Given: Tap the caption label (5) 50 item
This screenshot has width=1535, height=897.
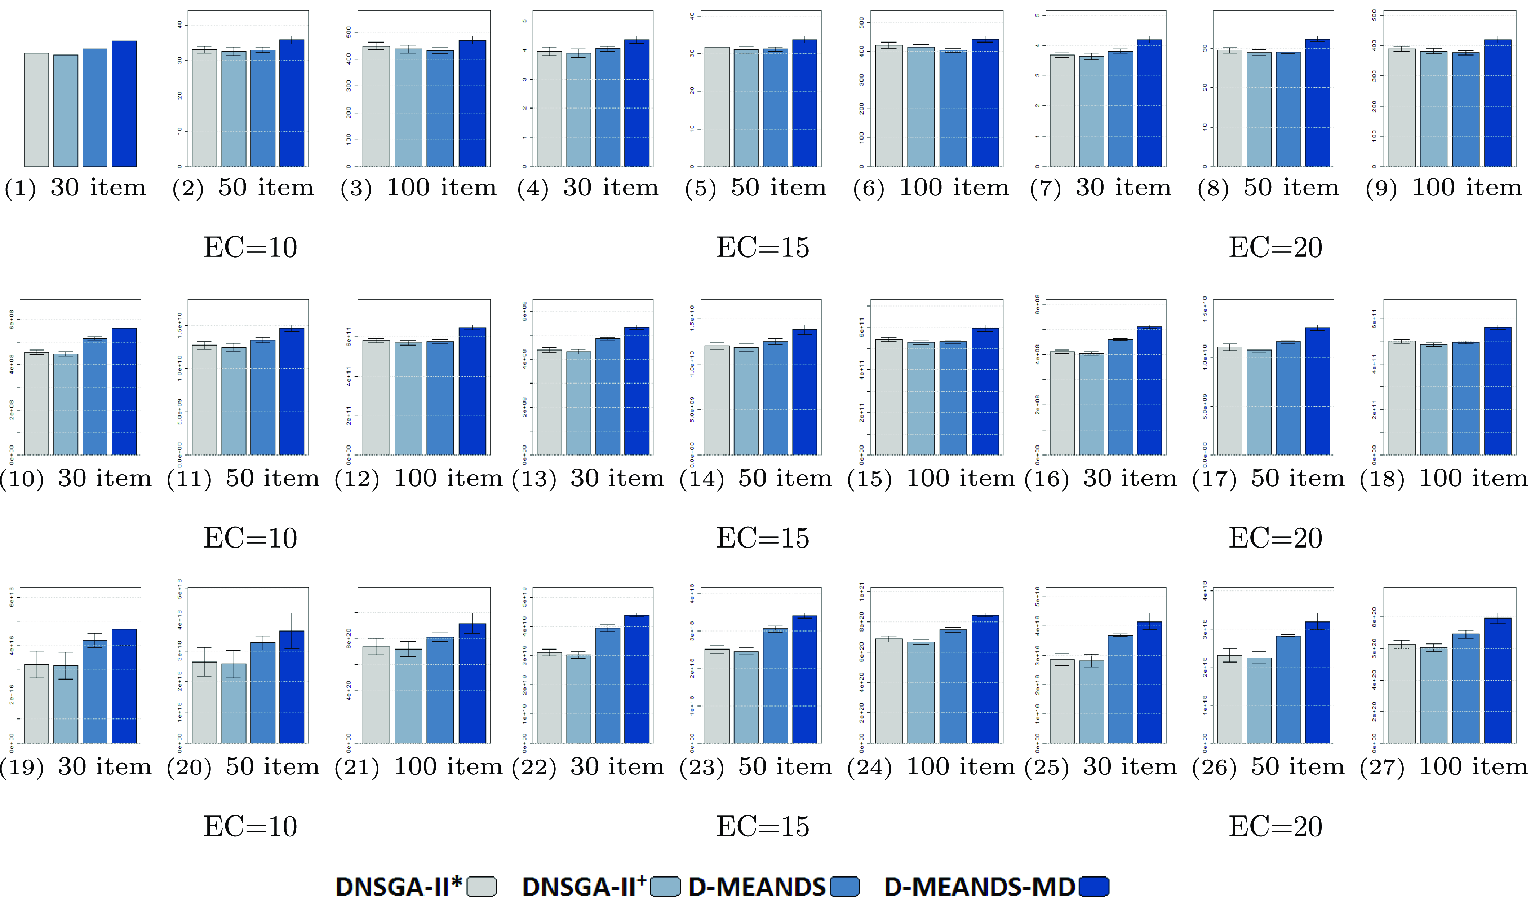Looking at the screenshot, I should (x=756, y=188).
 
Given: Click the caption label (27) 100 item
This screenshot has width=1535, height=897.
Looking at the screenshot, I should (x=1443, y=766).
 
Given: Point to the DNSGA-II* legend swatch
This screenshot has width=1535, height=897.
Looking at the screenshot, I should (x=481, y=887).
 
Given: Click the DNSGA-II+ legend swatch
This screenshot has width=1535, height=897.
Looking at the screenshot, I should (x=665, y=887).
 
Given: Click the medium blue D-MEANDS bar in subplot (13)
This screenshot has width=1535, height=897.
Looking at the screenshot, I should (x=607, y=396).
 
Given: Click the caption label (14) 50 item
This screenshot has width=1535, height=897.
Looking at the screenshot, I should (x=756, y=478).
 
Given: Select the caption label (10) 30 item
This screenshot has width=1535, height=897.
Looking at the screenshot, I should (x=76, y=478).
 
